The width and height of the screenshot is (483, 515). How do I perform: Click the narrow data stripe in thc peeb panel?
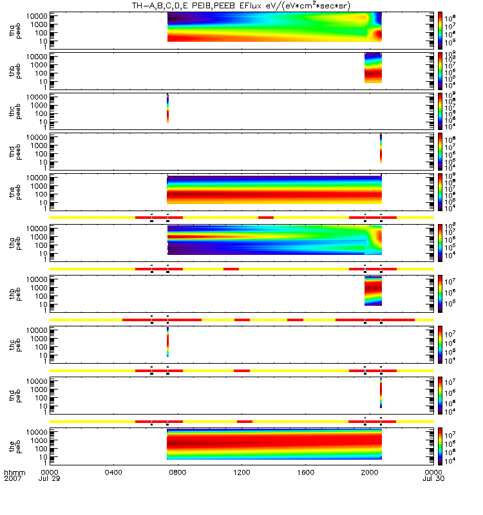coord(167,108)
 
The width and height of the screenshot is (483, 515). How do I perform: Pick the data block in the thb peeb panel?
coord(374,68)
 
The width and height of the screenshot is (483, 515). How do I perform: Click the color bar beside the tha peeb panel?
coord(439,28)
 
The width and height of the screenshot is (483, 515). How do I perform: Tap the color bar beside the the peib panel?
coord(439,443)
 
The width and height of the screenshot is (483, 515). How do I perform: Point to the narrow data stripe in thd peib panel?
coord(381,392)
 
